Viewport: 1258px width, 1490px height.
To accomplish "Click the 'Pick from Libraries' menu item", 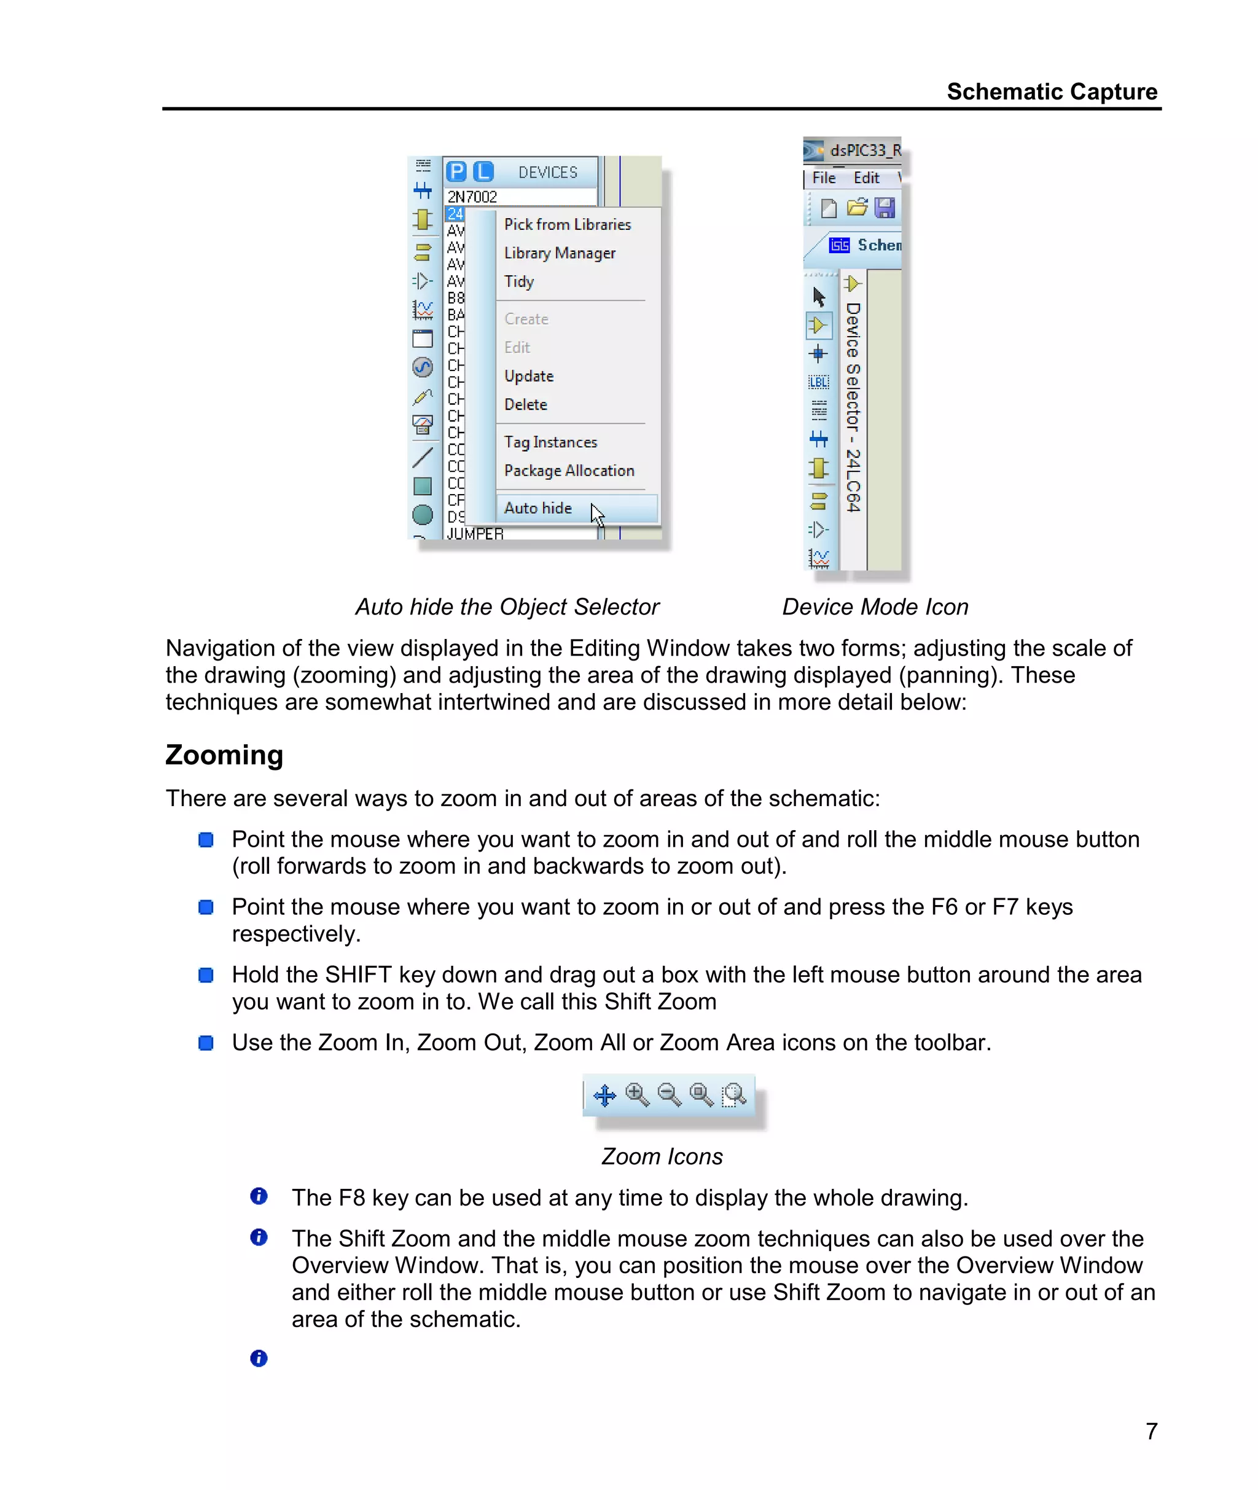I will [567, 225].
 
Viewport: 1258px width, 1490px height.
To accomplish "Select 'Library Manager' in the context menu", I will [559, 253].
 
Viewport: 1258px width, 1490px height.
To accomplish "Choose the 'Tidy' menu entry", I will [518, 282].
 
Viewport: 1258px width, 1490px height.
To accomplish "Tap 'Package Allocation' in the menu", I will [568, 471].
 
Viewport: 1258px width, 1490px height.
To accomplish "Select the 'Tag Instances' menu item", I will [550, 442].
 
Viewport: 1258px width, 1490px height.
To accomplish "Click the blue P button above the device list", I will [456, 172].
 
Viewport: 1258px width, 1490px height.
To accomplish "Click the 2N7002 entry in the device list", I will [472, 196].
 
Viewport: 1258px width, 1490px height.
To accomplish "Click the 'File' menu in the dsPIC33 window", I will [824, 178].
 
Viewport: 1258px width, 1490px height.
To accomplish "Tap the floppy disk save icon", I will [885, 208].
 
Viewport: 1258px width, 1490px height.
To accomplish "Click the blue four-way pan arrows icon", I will [605, 1095].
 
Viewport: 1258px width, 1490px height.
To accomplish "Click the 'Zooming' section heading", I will [224, 755].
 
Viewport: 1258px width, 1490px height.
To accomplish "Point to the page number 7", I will [1151, 1431].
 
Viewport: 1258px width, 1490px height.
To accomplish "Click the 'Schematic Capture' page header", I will [1051, 92].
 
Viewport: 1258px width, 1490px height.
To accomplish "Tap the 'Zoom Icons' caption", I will [662, 1156].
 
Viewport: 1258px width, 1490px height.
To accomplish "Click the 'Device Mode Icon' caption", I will [875, 607].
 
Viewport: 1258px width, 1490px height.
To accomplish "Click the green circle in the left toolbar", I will [423, 514].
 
